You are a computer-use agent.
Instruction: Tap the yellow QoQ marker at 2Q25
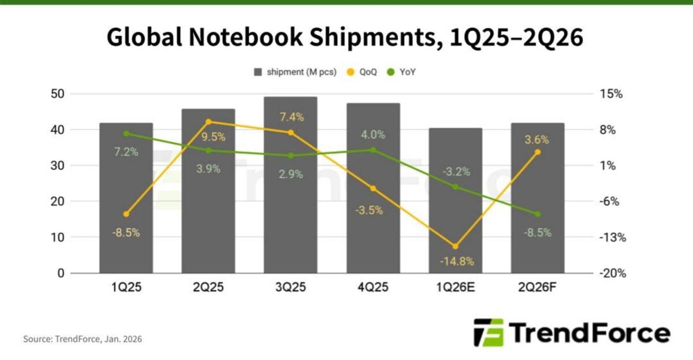[208, 122]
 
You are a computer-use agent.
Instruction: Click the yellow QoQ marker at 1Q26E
[455, 247]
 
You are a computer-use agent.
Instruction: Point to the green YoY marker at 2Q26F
[538, 214]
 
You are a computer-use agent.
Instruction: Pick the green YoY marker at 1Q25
[126, 133]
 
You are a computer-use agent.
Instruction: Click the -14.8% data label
[456, 261]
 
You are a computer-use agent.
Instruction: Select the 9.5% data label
[209, 137]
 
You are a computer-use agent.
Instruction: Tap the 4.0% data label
[373, 135]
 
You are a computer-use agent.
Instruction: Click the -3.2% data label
[456, 172]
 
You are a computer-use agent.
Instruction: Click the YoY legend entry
[404, 72]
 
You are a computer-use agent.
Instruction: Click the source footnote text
[82, 339]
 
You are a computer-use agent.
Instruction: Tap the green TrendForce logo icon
[488, 332]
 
